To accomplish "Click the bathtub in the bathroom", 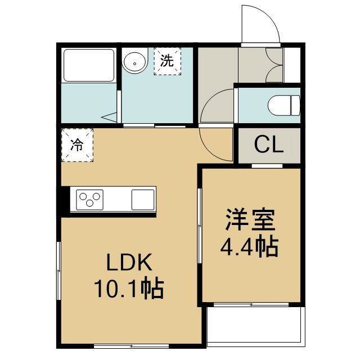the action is pyautogui.click(x=89, y=65).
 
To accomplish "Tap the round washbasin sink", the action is pyautogui.click(x=135, y=61).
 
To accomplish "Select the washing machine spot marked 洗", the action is pyautogui.click(x=168, y=61).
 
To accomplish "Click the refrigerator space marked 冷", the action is pyautogui.click(x=77, y=145).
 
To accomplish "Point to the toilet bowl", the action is pyautogui.click(x=283, y=106).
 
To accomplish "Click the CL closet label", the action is pyautogui.click(x=269, y=145).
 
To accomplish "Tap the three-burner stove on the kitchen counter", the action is pyautogui.click(x=89, y=200).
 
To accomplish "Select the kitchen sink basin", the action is pyautogui.click(x=143, y=200).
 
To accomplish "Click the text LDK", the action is pyautogui.click(x=129, y=262).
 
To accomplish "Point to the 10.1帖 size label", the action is pyautogui.click(x=129, y=289).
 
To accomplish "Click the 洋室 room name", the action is pyautogui.click(x=250, y=220).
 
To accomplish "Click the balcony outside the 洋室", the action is pyautogui.click(x=256, y=326).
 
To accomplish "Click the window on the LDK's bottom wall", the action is pyautogui.click(x=131, y=346).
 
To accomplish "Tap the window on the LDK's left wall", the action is pyautogui.click(x=58, y=271).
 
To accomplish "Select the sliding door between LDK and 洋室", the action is pyautogui.click(x=200, y=226).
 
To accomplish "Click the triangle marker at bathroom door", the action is pyautogui.click(x=109, y=118).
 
